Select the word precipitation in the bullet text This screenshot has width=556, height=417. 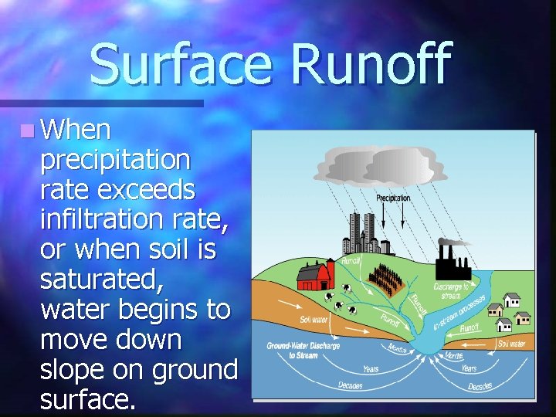115,160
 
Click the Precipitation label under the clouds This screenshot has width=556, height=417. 393,198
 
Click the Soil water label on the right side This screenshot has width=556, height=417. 512,343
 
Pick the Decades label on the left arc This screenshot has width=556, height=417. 351,385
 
